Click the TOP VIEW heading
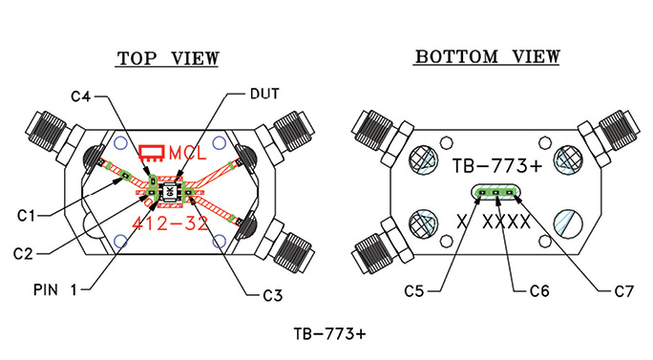tap(167, 58)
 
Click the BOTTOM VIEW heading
tap(487, 56)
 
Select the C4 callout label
tap(80, 96)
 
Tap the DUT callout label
tap(264, 94)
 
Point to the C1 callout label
tap(26, 216)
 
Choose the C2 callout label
tap(23, 253)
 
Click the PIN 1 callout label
tap(55, 289)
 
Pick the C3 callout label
tap(273, 295)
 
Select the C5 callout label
tap(414, 291)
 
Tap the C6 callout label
tap(539, 291)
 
